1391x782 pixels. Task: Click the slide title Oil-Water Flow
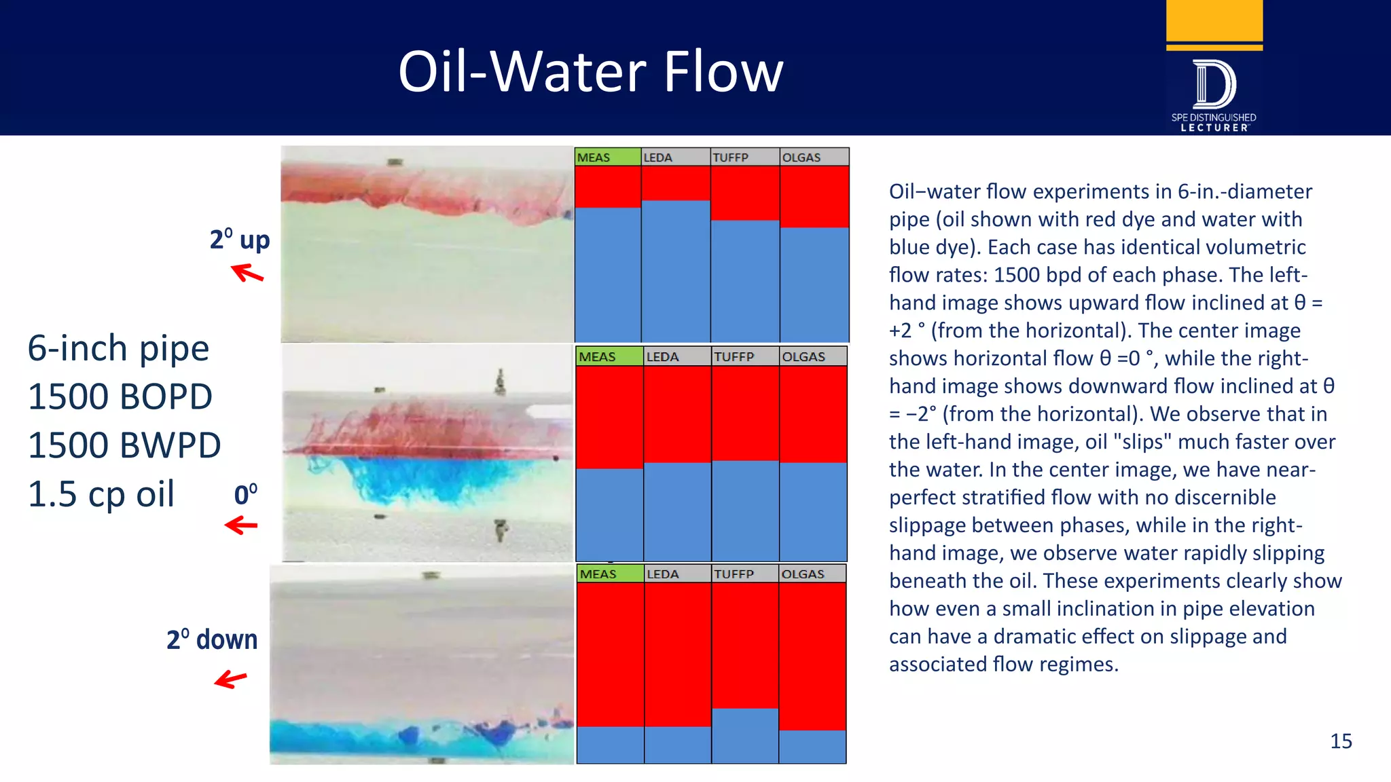pos(590,72)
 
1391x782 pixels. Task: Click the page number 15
pos(1340,741)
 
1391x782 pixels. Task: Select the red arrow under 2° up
pos(247,274)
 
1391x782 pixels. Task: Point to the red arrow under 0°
pos(241,525)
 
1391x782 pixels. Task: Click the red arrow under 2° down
pos(231,679)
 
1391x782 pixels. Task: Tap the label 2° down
pos(212,639)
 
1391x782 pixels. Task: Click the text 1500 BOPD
pos(120,396)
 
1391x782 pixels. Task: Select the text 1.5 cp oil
pos(101,494)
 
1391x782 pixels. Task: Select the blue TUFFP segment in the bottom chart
pos(744,735)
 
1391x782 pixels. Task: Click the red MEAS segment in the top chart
pos(607,187)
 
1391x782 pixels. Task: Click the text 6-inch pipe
pos(118,348)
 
